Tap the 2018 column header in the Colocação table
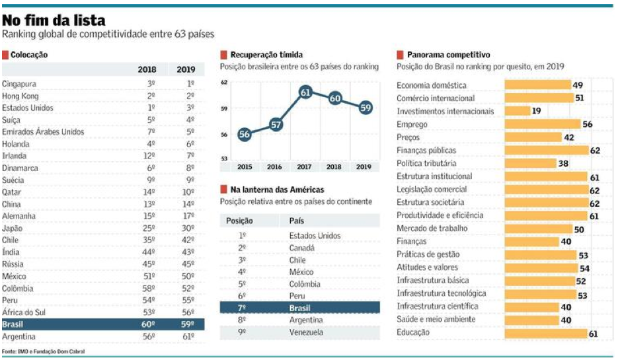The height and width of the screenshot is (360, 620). click(147, 69)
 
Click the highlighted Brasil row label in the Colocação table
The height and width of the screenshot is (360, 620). click(13, 324)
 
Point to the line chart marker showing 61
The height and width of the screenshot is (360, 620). click(305, 92)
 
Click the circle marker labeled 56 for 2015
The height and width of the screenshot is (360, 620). click(245, 134)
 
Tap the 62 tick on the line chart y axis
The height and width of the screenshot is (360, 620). click(223, 83)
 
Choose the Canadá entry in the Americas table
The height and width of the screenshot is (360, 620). click(302, 248)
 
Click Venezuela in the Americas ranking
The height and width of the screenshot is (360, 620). click(306, 332)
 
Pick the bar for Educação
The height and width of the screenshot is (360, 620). click(545, 333)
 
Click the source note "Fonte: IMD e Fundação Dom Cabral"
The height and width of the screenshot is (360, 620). click(44, 351)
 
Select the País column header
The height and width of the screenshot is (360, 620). click(296, 221)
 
